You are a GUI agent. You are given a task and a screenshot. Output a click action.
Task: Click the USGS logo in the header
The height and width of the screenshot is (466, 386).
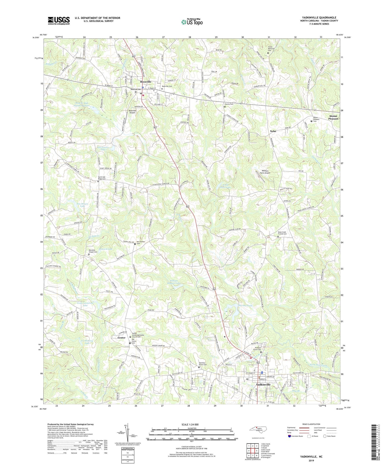point(59,21)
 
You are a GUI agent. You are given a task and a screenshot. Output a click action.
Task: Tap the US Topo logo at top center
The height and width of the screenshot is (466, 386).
point(192,22)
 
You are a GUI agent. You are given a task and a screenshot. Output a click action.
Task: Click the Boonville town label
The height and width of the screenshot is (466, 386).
point(146,82)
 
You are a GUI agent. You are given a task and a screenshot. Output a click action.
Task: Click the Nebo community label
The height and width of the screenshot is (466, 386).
point(273,131)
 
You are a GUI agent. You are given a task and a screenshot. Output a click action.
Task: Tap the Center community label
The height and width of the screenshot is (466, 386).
point(121,338)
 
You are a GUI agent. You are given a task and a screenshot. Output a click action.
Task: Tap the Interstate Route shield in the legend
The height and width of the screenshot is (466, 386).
point(290,436)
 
